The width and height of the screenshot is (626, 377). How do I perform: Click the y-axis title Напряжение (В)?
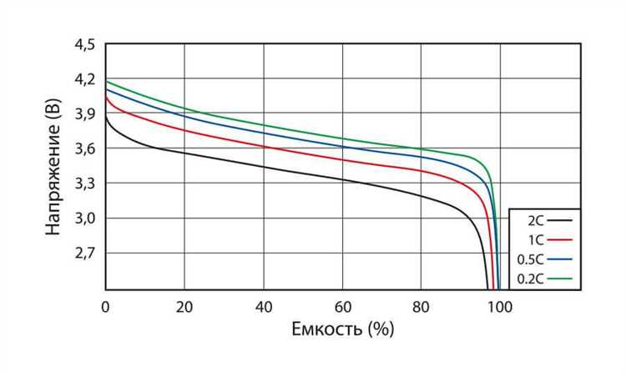(x=53, y=167)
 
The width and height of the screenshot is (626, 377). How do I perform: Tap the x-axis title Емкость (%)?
(x=342, y=329)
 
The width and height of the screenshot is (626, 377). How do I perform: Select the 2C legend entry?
(x=537, y=220)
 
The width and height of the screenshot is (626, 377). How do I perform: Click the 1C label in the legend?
(x=537, y=239)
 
